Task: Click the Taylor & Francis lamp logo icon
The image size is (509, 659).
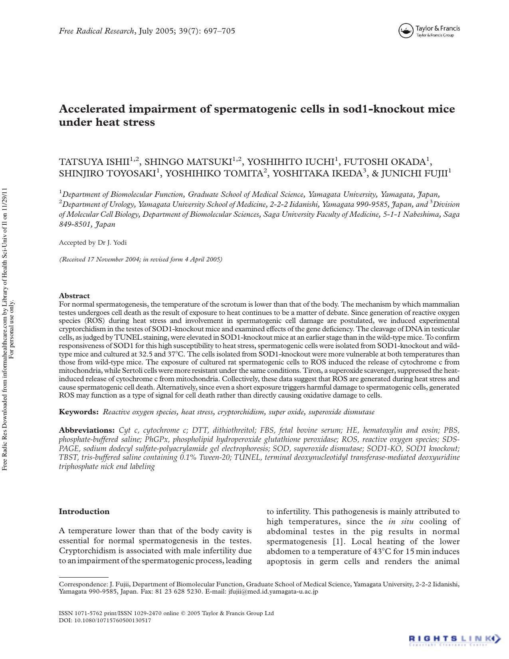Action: [x=405, y=31]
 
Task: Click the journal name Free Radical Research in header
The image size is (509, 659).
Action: [x=97, y=31]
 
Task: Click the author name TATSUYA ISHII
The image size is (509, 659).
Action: [x=94, y=162]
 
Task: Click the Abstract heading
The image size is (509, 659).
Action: [x=74, y=296]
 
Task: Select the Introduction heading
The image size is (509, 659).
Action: [x=84, y=512]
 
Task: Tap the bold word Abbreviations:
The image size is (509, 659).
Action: [x=87, y=430]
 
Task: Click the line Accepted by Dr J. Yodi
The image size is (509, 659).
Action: [x=93, y=243]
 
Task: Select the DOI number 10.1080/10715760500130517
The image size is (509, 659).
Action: [x=113, y=621]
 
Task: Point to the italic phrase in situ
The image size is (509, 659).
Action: [x=400, y=522]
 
